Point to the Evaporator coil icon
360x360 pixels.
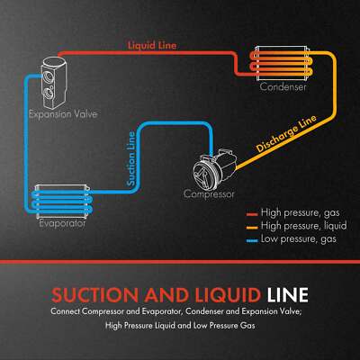coord(61,202)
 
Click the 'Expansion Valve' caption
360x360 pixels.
coord(63,116)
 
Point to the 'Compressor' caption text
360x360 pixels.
coord(209,193)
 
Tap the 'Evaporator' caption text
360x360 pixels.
coord(60,223)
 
